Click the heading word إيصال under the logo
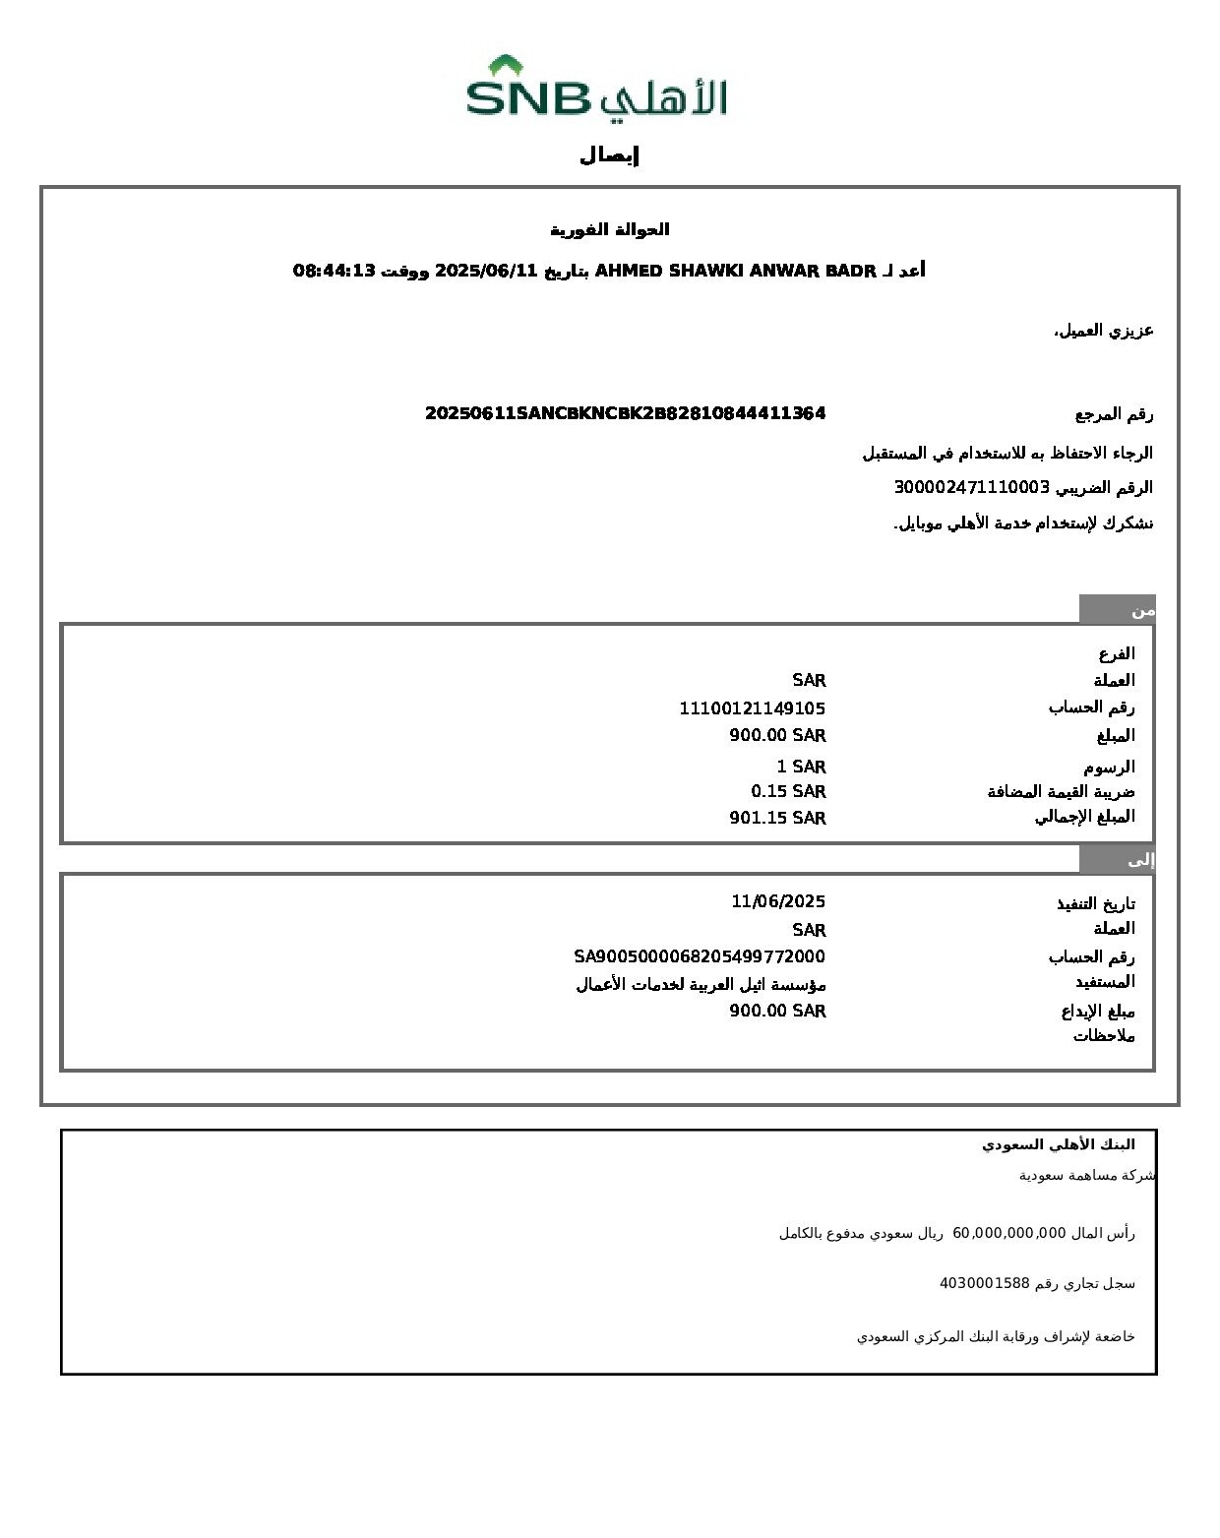click(x=610, y=155)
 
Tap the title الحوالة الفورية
click(x=610, y=229)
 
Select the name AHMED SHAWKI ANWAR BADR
click(x=736, y=271)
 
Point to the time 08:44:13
click(x=335, y=271)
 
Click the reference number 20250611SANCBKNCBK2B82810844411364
click(x=625, y=413)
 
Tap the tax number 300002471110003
click(x=972, y=487)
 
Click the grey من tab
click(x=1118, y=610)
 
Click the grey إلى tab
click(x=1118, y=860)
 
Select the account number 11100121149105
click(x=752, y=708)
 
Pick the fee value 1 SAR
click(x=801, y=767)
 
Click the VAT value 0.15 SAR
click(x=788, y=791)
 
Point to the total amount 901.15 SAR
click(x=777, y=818)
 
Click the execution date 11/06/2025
click(x=778, y=901)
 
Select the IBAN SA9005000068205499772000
click(x=700, y=956)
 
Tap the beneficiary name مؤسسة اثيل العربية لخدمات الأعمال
click(x=701, y=984)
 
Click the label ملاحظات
click(x=1104, y=1036)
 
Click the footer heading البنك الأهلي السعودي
click(x=1059, y=1144)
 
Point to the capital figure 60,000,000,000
click(x=1009, y=1233)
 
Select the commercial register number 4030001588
click(x=984, y=1283)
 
